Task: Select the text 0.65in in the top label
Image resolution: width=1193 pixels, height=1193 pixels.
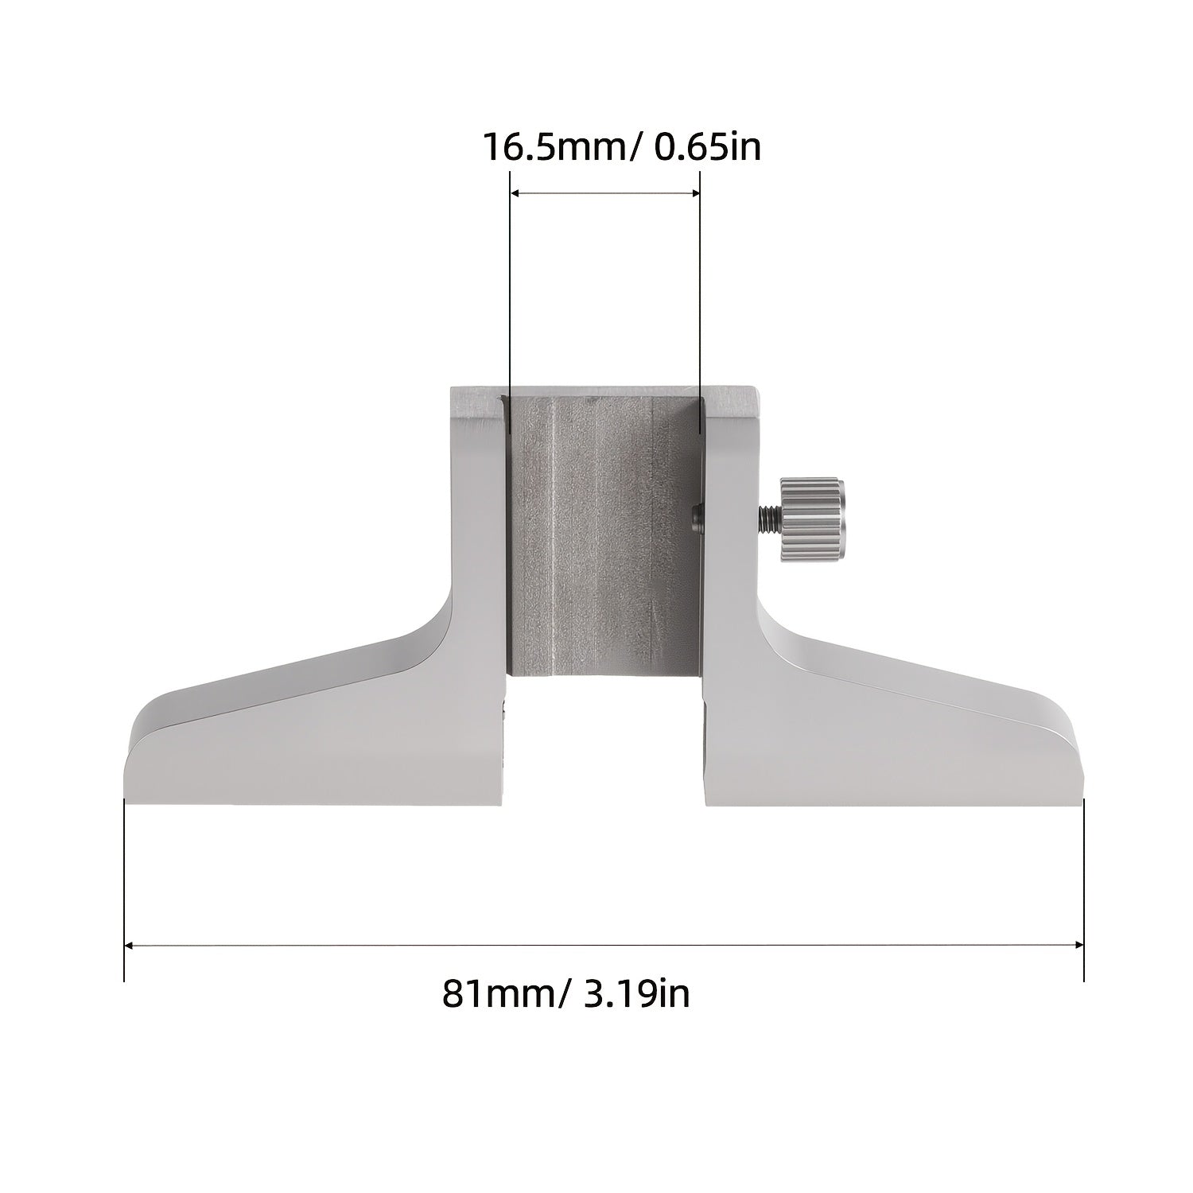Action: [x=706, y=148]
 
